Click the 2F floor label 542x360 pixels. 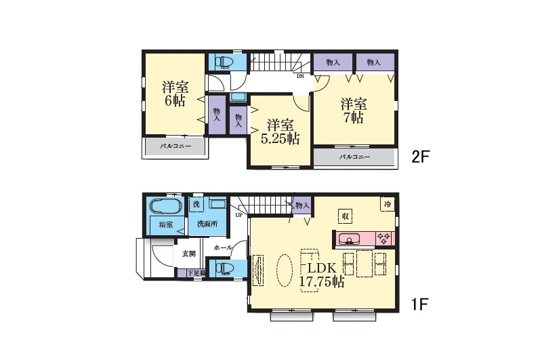click(x=420, y=157)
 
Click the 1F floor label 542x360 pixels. click(x=419, y=304)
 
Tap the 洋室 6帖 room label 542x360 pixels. click(x=175, y=94)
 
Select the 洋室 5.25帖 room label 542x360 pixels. click(x=280, y=132)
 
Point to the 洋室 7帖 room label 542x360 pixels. click(x=353, y=111)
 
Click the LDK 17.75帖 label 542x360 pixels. click(x=321, y=275)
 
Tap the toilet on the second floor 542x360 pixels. click(x=224, y=62)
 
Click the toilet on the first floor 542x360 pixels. click(x=224, y=268)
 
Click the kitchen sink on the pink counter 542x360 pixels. click(x=349, y=239)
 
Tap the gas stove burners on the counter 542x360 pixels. click(x=383, y=239)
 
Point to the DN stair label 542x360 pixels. click(x=300, y=76)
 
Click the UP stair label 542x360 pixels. click(x=238, y=215)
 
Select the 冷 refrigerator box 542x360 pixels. click(x=388, y=204)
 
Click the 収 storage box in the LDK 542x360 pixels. click(x=345, y=216)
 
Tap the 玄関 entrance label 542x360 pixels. click(x=189, y=254)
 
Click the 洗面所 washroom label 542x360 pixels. click(x=207, y=224)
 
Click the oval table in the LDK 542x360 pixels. click(x=285, y=271)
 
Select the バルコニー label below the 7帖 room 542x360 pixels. click(x=354, y=157)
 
